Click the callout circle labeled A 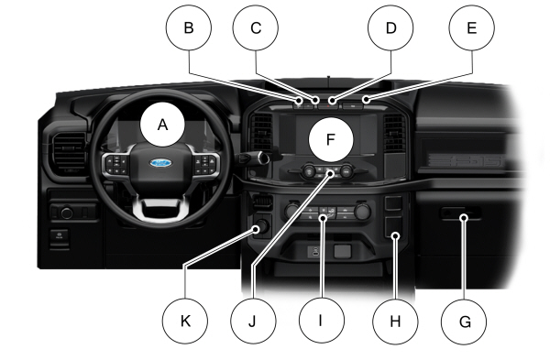coord(162,125)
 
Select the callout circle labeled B coord(189,27)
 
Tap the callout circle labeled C coord(256,27)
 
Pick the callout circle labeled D coord(390,27)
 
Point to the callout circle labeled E coord(472,27)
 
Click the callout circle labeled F coord(331,139)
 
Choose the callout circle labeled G coord(464,322)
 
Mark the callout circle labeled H coord(395,322)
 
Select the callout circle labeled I coord(322,321)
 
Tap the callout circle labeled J coord(253,322)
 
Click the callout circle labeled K coord(185,322)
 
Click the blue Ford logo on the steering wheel coord(161,163)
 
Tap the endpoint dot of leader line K coord(256,230)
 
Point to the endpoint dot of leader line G coord(465,218)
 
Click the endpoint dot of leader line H coord(396,236)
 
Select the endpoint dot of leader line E coord(366,100)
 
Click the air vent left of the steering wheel coord(69,154)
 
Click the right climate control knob coord(362,211)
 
